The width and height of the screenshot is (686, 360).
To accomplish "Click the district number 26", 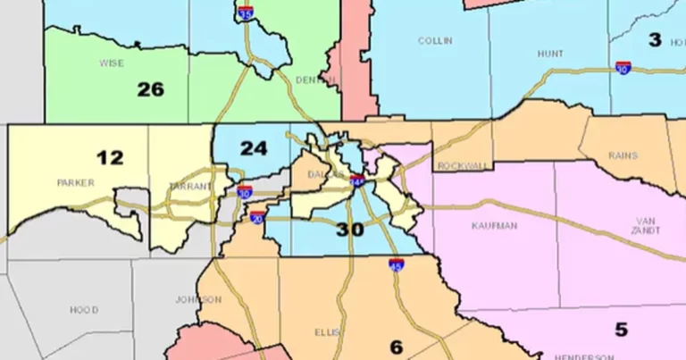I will point(151,88).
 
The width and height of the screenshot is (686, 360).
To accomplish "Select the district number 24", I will point(254,148).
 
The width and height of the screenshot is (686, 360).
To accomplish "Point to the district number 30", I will point(350,229).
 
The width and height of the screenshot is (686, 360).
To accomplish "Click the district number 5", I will point(620,329).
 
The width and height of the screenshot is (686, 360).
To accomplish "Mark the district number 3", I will point(655,39).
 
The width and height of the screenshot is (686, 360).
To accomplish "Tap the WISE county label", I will point(113,63).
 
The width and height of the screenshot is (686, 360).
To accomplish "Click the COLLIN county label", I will point(435,40).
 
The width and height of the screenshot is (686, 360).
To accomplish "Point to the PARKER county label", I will point(75,182).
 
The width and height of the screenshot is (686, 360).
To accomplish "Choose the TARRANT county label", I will point(191,187).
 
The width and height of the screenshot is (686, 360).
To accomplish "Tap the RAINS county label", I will point(623,155).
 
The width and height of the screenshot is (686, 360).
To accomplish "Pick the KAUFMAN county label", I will point(494,226).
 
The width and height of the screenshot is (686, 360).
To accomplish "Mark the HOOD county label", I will point(84,310).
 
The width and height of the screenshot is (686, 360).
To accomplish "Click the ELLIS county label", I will point(328,332).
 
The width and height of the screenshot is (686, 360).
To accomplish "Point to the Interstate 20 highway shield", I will point(256,218).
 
